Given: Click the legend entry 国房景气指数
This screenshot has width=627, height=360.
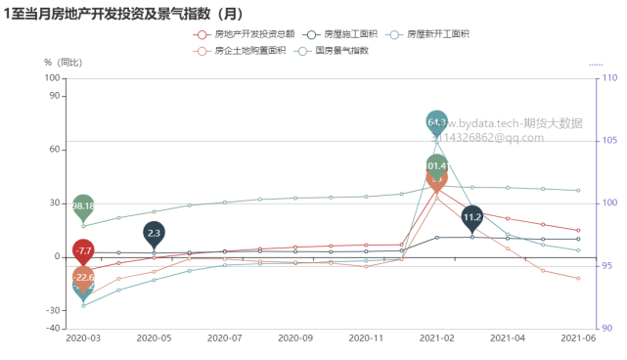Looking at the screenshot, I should click(341, 50).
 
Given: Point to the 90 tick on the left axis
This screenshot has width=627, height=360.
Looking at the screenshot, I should click(54, 96).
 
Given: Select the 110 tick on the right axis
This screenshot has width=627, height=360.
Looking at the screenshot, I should click(609, 78).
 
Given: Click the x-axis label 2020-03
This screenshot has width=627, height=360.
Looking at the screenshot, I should click(83, 338).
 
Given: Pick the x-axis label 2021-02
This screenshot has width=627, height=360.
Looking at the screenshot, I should click(437, 338).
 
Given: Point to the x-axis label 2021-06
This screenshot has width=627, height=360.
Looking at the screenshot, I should click(577, 338).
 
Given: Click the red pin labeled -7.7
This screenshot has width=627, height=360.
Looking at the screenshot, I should click(83, 251).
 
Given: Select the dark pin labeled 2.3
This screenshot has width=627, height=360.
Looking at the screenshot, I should click(154, 233).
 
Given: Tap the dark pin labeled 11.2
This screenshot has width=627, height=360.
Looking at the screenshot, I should click(472, 217).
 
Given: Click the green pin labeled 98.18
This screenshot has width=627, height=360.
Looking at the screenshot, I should click(83, 206).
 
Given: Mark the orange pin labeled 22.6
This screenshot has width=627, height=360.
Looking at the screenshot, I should click(83, 278).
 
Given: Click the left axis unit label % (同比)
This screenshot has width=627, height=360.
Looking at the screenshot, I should click(64, 63).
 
